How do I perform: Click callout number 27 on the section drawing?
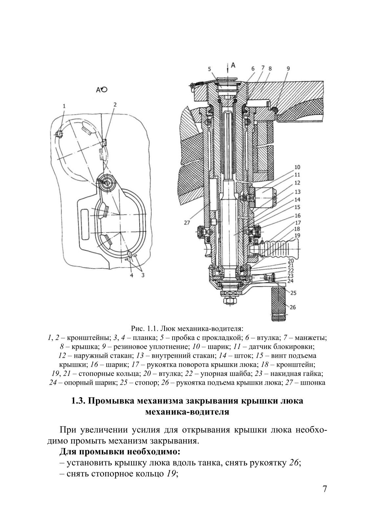pyautogui.click(x=187, y=223)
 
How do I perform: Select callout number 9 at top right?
pyautogui.click(x=288, y=69)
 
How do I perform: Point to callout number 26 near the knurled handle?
pyautogui.click(x=293, y=307)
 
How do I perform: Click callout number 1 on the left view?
pyautogui.click(x=64, y=106)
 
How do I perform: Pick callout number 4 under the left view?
pyautogui.click(x=131, y=275)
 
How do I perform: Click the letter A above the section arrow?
pyautogui.click(x=233, y=65)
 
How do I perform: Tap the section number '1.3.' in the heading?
pyautogui.click(x=78, y=401)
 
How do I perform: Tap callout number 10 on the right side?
pyautogui.click(x=297, y=167)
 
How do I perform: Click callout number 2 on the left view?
pyautogui.click(x=115, y=105)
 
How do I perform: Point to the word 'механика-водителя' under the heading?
pyautogui.click(x=187, y=412)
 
